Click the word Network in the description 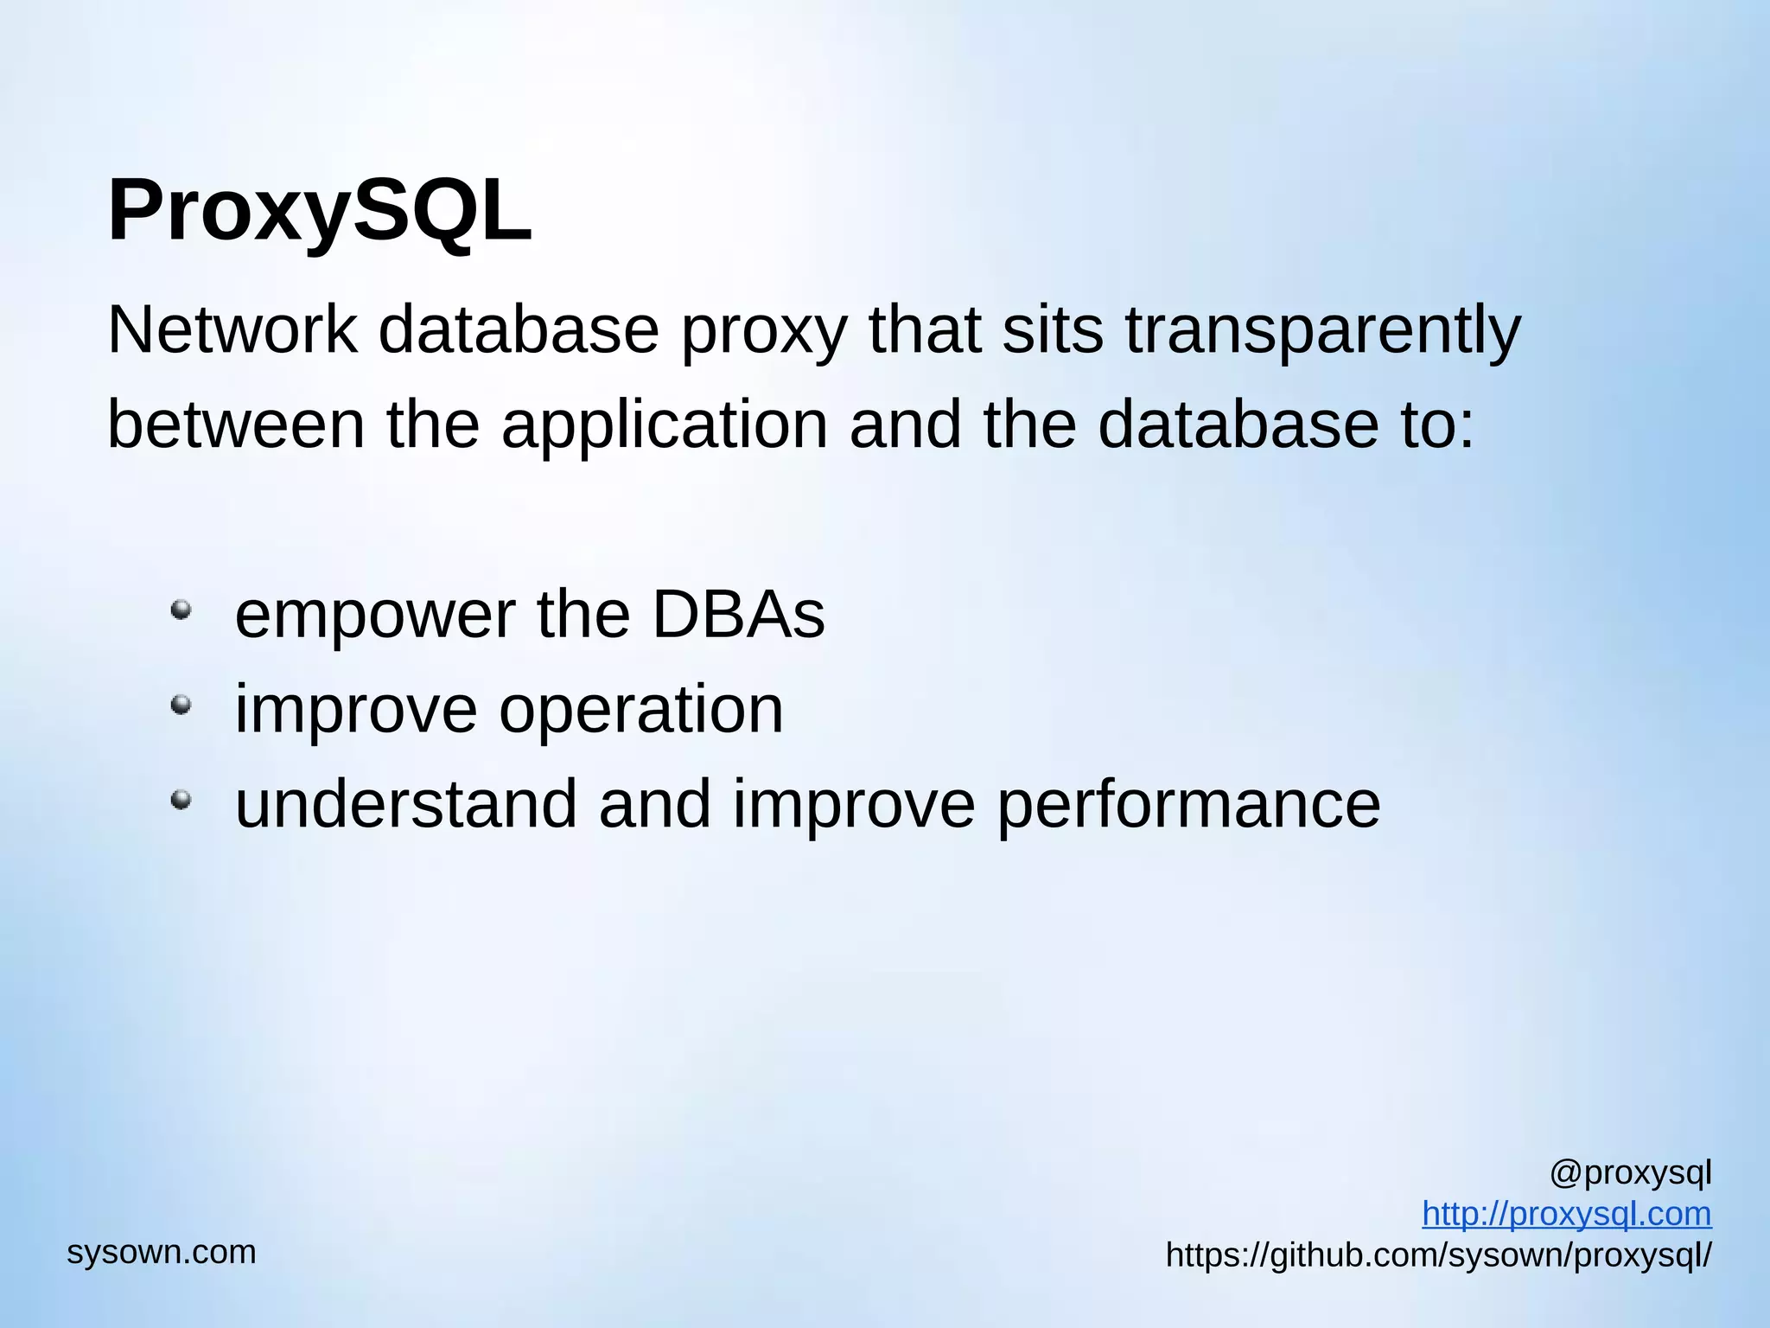[232, 330]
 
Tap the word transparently [1321, 332]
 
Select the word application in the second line [665, 425]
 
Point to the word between [236, 425]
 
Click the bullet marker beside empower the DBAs [181, 610]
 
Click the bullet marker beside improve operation [181, 705]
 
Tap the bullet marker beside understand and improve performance [181, 801]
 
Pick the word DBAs [738, 615]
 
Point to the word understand [405, 804]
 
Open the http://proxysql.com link [1566, 1214]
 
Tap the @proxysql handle [1630, 1173]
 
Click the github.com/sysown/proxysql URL [1437, 1255]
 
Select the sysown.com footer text [162, 1252]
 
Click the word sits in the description [1052, 330]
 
